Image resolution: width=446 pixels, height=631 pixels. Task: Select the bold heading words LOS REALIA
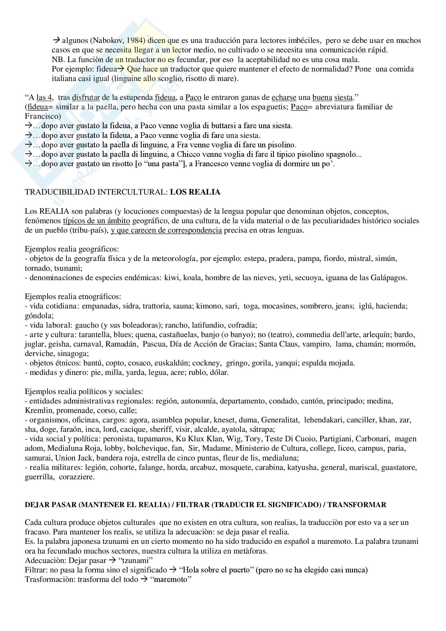[x=195, y=192]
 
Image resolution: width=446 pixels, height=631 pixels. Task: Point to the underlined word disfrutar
[x=86, y=97]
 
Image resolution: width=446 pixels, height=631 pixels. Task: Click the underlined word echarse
[x=284, y=97]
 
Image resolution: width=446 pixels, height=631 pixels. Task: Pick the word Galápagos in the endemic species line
[x=389, y=278]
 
